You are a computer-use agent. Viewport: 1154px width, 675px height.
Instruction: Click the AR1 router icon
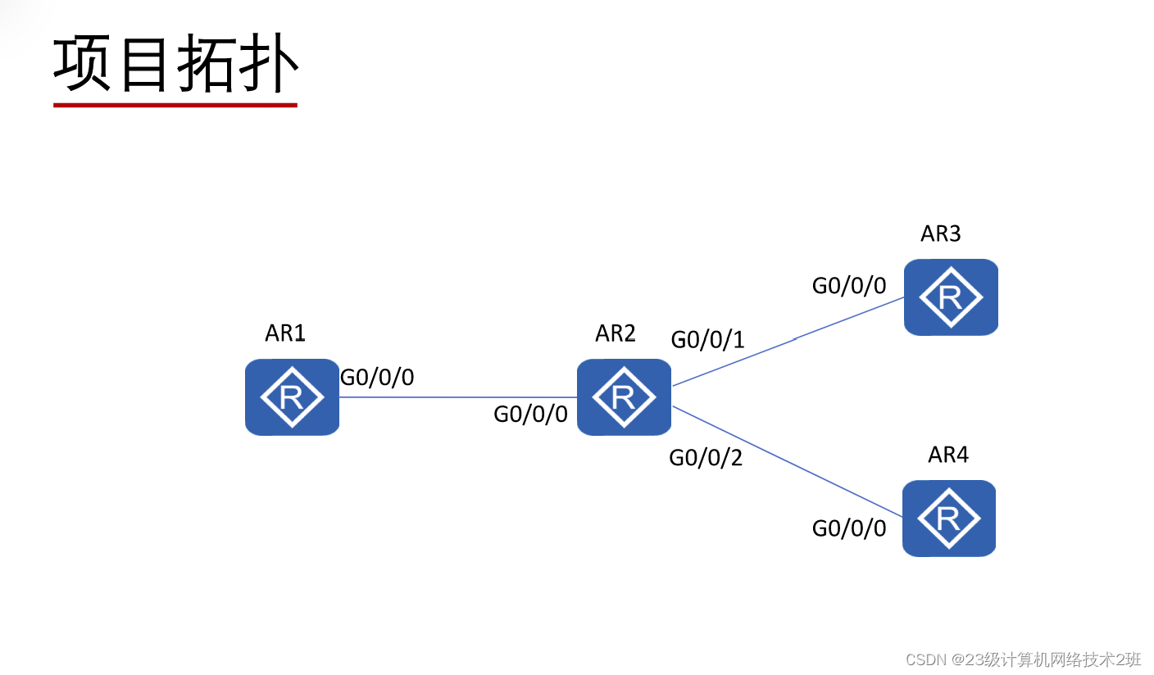(292, 396)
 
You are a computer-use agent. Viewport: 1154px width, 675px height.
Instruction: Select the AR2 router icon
(624, 396)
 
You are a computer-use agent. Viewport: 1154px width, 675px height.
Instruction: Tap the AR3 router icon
(951, 297)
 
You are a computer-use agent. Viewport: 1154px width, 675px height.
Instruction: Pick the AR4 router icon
(949, 518)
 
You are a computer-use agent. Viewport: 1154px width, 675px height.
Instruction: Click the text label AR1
(285, 333)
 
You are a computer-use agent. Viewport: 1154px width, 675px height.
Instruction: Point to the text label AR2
(616, 333)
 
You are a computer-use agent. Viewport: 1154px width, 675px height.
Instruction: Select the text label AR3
(940, 234)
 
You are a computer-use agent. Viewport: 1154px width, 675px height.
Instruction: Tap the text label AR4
(948, 455)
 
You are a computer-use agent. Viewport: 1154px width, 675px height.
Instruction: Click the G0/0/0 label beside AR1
(377, 378)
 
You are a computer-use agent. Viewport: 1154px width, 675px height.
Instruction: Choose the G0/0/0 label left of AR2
(530, 415)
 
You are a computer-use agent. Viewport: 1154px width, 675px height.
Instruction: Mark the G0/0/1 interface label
(708, 339)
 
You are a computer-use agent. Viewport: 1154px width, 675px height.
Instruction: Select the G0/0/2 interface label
(706, 458)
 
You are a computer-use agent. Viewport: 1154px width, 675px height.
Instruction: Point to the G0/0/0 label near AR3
(849, 286)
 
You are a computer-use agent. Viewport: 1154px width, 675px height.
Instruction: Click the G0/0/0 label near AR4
(849, 528)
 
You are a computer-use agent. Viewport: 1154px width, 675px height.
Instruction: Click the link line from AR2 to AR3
(787, 342)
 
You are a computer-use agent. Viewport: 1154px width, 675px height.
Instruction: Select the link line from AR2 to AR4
(787, 461)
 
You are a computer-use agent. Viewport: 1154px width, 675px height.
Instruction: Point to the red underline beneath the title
(175, 105)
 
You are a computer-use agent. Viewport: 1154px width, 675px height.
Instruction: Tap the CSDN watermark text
(1023, 659)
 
